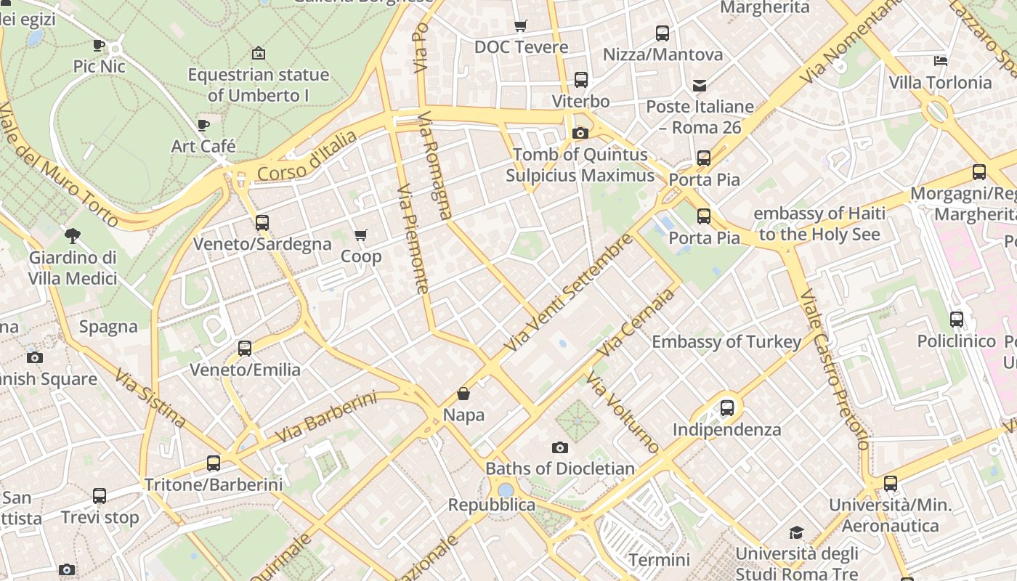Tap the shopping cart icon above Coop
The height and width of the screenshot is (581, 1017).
(360, 235)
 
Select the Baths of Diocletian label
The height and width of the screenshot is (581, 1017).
(560, 468)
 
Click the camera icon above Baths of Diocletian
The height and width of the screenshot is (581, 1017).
(559, 447)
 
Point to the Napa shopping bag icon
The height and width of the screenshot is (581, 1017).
(463, 394)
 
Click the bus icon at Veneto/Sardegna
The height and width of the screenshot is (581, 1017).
(262, 223)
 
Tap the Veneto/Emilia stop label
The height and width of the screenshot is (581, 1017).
(245, 370)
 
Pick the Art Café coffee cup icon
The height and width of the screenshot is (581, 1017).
(203, 125)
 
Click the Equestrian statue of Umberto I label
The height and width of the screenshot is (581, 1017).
(258, 85)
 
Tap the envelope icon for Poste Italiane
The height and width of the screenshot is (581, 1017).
(700, 86)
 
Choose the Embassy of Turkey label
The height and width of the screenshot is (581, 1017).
(726, 342)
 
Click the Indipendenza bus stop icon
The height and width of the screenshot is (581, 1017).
(727, 408)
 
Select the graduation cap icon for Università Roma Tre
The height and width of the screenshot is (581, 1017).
(797, 532)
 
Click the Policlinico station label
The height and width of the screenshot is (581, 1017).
(956, 341)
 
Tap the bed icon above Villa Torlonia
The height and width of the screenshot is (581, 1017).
(941, 61)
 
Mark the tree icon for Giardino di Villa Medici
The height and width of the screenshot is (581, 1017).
(72, 235)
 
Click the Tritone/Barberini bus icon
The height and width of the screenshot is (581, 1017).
(214, 463)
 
